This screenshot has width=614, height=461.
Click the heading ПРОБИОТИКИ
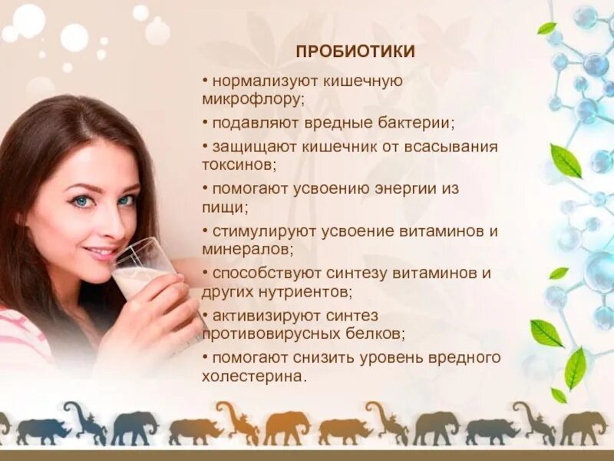[x=355, y=51]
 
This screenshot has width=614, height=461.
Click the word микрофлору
[x=253, y=99]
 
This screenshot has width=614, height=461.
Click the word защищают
[x=246, y=146]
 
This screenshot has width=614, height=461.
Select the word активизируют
[x=259, y=316]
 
